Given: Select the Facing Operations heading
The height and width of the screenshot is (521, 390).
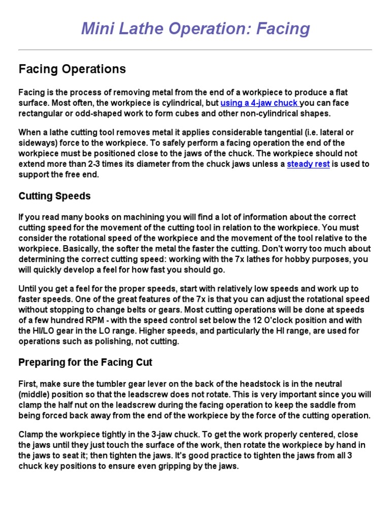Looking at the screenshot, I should click(x=72, y=69).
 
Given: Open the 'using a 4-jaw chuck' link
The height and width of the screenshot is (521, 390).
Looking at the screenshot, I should click(x=259, y=103).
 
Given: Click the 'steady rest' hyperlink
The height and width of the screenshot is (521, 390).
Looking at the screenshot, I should click(x=308, y=164).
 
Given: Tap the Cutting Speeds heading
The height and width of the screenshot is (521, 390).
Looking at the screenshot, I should click(x=55, y=196).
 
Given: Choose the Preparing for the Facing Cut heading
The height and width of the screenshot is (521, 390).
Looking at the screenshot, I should click(x=85, y=362).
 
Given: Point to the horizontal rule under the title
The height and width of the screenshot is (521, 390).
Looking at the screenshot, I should click(x=195, y=50).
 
